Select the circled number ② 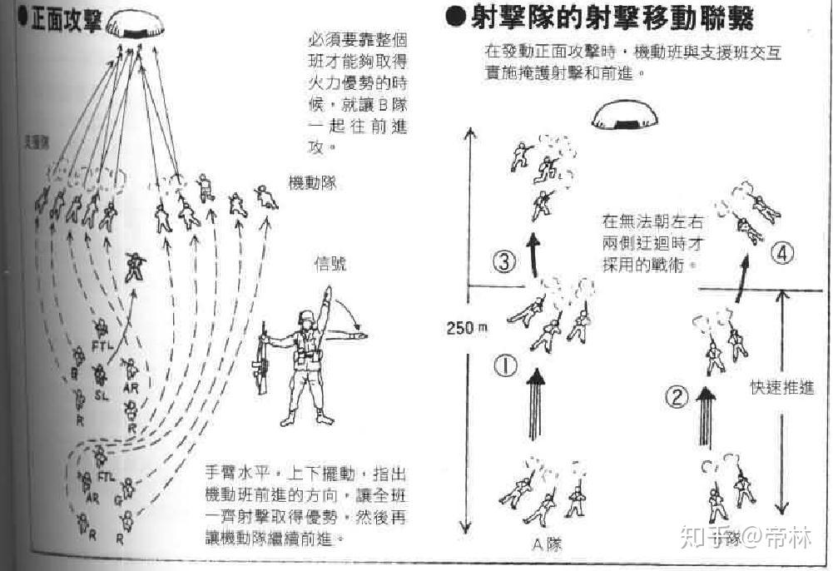point(678,397)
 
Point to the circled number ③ point(505,264)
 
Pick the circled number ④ point(780,254)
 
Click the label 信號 point(330,264)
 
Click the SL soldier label point(102,395)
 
